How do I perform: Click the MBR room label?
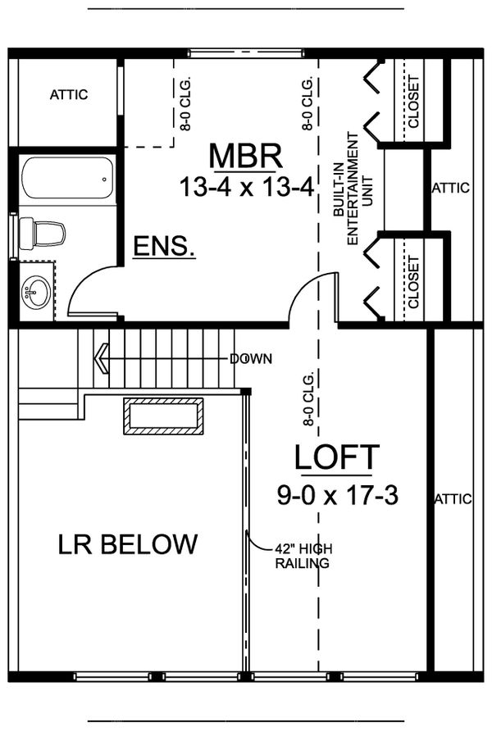pyautogui.click(x=245, y=155)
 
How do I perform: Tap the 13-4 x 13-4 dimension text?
pyautogui.click(x=247, y=187)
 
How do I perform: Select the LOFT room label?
pyautogui.click(x=337, y=457)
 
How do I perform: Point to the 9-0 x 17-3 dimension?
pyautogui.click(x=337, y=494)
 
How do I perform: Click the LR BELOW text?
pyautogui.click(x=128, y=543)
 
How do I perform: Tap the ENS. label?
pyautogui.click(x=164, y=246)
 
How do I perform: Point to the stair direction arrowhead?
pyautogui.click(x=102, y=358)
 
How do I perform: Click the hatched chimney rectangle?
pyautogui.click(x=163, y=416)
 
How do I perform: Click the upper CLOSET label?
pyautogui.click(x=412, y=102)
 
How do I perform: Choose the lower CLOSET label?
pyautogui.click(x=412, y=281)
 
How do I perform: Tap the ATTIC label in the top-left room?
pyautogui.click(x=69, y=94)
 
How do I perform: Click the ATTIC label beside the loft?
pyautogui.click(x=453, y=498)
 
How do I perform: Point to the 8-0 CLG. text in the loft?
pyautogui.click(x=309, y=399)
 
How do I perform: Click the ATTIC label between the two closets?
pyautogui.click(x=450, y=188)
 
